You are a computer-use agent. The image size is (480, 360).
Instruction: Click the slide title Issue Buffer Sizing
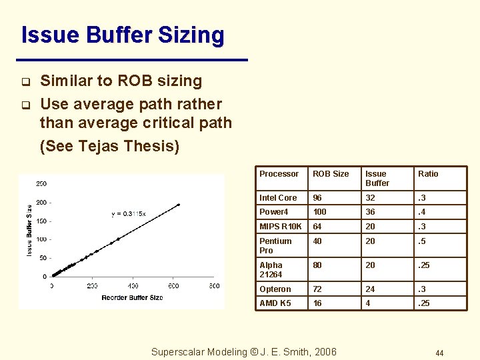(x=123, y=35)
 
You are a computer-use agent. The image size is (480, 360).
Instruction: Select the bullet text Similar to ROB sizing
(x=121, y=81)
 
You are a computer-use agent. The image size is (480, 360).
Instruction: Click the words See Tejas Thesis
(x=109, y=146)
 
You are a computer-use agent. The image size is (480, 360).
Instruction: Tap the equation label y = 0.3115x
(x=128, y=214)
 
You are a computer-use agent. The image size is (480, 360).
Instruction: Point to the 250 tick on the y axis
(x=41, y=184)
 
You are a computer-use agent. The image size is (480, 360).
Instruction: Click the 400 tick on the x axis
(x=172, y=285)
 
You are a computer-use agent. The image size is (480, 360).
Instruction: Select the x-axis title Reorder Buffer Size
(x=132, y=297)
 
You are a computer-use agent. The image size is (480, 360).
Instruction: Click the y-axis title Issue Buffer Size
(x=29, y=230)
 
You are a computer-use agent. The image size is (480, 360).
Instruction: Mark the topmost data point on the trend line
(x=178, y=205)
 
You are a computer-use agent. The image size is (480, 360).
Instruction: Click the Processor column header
(x=279, y=174)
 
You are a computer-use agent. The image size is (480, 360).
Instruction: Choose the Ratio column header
(x=428, y=174)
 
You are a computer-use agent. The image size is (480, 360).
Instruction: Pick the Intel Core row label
(x=278, y=198)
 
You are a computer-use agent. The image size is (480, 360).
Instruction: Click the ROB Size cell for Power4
(x=320, y=212)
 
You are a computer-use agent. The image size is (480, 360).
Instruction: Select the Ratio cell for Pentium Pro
(x=423, y=241)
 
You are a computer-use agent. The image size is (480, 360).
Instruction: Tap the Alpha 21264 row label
(x=271, y=270)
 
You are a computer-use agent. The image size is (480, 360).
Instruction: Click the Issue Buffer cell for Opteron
(x=371, y=289)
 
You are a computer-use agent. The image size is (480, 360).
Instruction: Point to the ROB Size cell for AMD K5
(x=317, y=303)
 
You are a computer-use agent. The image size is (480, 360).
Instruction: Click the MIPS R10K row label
(x=280, y=227)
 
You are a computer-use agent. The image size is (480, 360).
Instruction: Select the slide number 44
(x=439, y=353)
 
